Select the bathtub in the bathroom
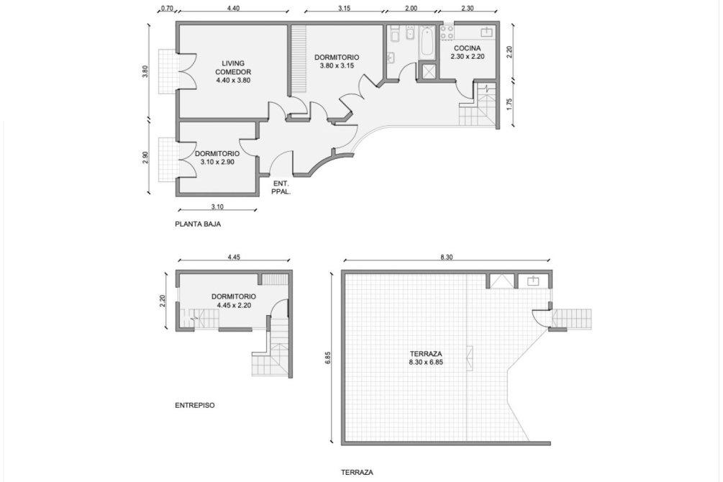click(427, 42)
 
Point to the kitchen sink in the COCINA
click(487, 32)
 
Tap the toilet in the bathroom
click(395, 34)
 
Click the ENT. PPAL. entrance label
click(281, 188)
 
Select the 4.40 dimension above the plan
click(233, 8)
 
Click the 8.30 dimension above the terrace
click(446, 258)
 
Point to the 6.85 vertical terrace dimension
click(328, 358)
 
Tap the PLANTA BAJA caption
click(198, 224)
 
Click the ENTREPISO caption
click(194, 406)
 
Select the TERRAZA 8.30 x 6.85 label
click(426, 358)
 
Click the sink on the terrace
click(534, 281)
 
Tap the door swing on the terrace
click(540, 318)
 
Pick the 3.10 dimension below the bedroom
click(217, 206)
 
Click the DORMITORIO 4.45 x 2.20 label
click(234, 301)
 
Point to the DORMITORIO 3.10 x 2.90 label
click(217, 158)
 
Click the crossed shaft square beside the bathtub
click(427, 71)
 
